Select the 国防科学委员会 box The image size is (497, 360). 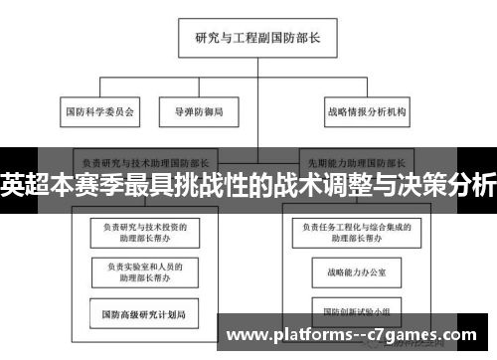(98, 111)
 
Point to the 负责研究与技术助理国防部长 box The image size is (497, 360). (146, 159)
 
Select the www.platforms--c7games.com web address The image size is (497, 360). (359, 335)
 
